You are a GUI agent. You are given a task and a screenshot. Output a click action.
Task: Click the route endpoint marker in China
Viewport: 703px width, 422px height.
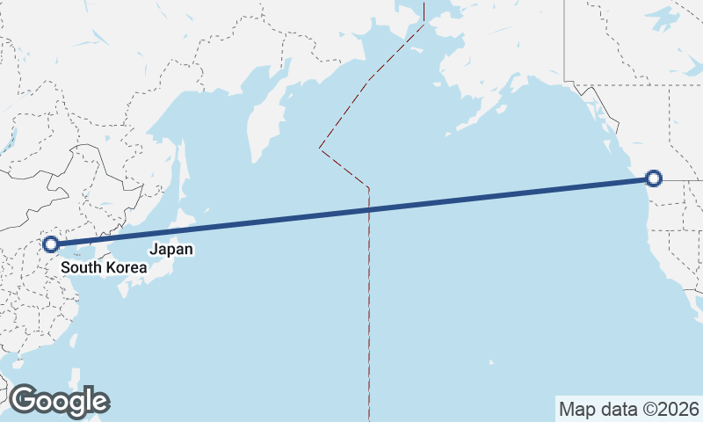click(51, 244)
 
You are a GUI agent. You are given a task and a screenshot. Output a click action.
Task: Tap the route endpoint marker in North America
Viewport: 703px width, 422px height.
click(653, 178)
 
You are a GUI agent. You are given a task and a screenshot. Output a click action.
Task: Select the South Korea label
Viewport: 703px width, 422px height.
click(104, 266)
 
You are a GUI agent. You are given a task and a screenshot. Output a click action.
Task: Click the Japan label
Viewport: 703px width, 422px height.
click(170, 249)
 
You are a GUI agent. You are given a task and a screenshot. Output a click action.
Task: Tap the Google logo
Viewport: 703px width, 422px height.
click(59, 401)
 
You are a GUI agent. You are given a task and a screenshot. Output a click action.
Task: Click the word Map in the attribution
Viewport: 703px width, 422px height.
click(576, 409)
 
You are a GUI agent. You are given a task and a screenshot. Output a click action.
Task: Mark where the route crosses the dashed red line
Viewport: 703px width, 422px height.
click(369, 209)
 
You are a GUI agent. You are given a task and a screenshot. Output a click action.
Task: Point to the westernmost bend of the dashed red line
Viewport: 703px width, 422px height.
click(319, 148)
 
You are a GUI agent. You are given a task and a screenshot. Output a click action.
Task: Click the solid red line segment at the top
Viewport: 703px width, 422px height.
click(424, 11)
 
